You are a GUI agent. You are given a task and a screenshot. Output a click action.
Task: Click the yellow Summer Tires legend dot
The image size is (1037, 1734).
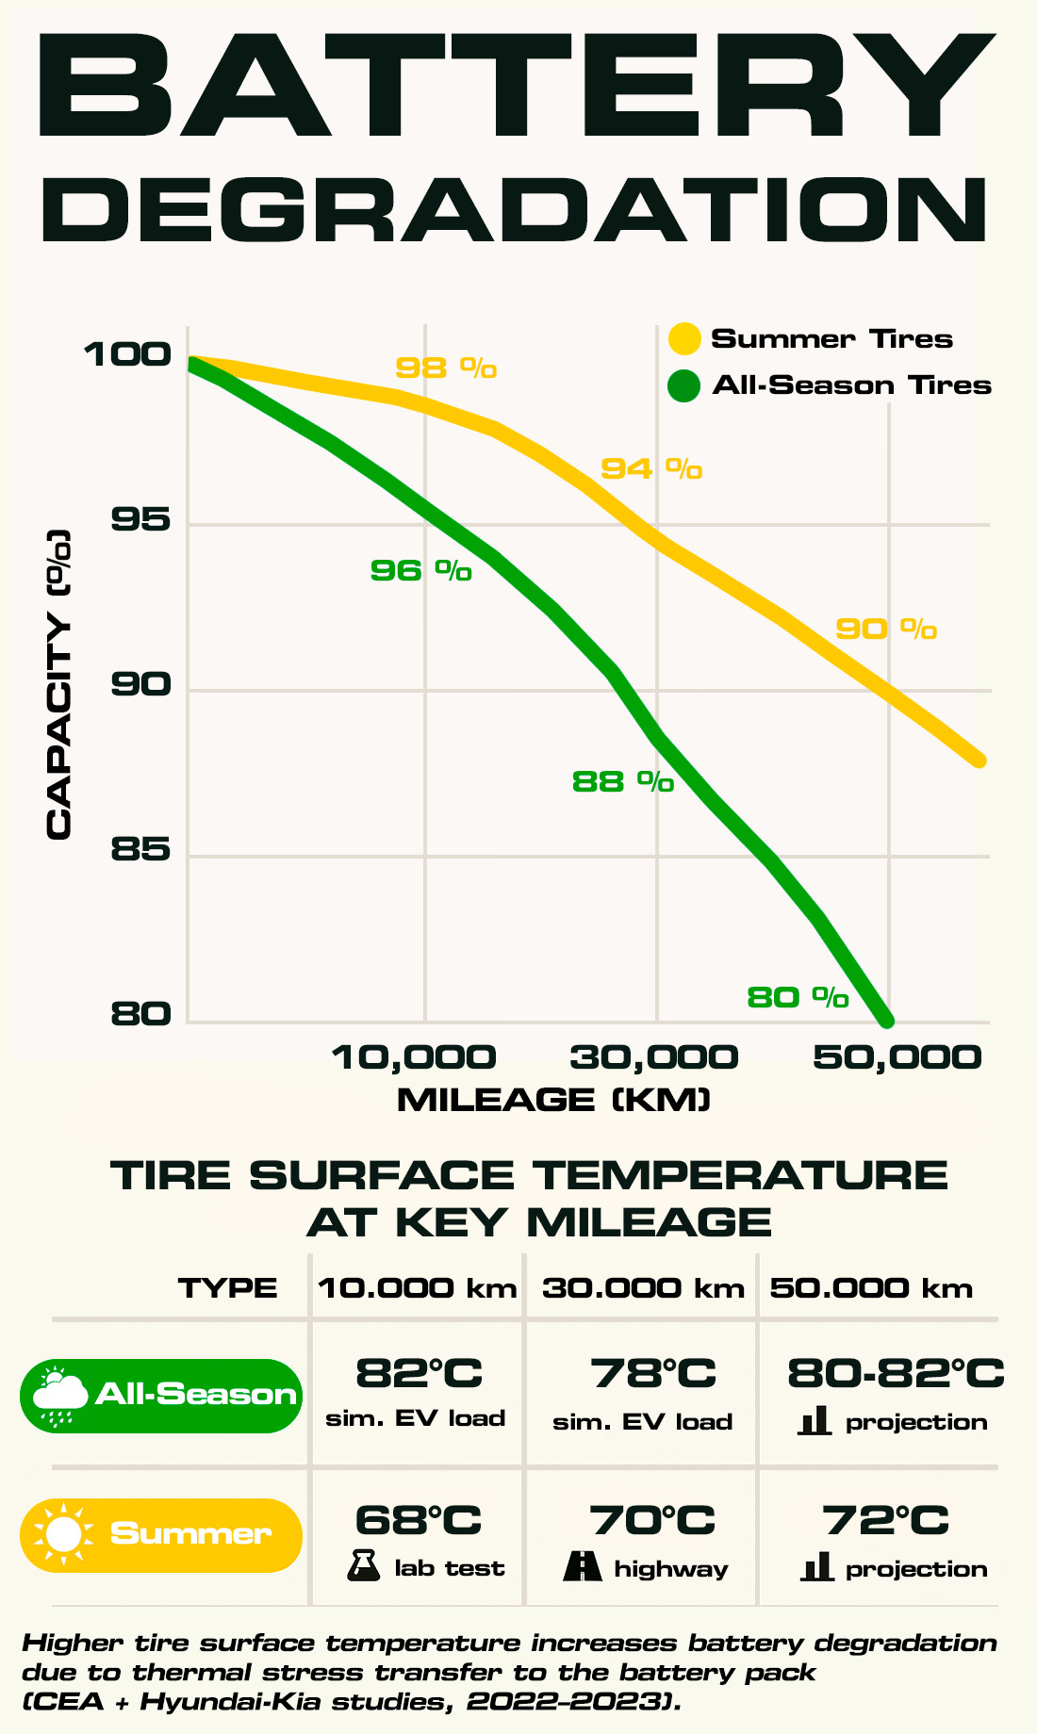click(x=683, y=338)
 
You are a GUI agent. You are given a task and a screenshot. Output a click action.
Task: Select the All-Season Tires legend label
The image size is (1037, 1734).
click(x=851, y=385)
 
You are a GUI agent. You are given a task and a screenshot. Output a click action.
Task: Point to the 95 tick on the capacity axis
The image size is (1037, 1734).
click(x=141, y=519)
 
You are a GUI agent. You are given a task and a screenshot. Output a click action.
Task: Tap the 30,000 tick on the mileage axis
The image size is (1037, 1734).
click(x=653, y=1057)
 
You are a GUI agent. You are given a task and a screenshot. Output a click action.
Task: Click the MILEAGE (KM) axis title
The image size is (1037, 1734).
click(x=553, y=1100)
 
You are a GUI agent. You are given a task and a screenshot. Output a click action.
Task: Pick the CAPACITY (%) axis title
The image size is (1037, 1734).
click(x=58, y=685)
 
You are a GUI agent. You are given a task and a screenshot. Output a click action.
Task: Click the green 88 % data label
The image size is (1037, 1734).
click(x=623, y=781)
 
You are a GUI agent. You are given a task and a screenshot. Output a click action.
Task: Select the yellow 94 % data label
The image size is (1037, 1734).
click(x=651, y=468)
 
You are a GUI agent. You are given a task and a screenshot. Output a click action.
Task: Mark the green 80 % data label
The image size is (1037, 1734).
click(x=798, y=997)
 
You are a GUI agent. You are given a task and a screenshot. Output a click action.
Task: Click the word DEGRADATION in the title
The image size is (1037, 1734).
click(x=515, y=209)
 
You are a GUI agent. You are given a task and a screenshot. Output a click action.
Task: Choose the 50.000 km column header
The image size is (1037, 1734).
click(x=871, y=1288)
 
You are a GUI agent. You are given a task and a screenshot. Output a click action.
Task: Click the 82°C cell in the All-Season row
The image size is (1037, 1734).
click(x=419, y=1373)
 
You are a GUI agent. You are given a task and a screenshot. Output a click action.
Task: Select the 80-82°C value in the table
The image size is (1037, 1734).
click(x=896, y=1373)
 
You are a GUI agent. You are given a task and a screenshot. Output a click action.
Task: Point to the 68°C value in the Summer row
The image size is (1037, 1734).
click(x=419, y=1520)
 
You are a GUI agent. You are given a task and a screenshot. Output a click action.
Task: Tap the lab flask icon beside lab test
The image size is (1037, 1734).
click(x=363, y=1566)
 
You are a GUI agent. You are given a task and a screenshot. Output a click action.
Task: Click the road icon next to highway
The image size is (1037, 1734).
click(x=583, y=1566)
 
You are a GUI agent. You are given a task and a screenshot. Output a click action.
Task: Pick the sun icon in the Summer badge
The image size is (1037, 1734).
click(x=63, y=1534)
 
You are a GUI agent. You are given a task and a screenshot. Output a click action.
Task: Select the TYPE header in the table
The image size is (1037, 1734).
click(x=228, y=1288)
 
